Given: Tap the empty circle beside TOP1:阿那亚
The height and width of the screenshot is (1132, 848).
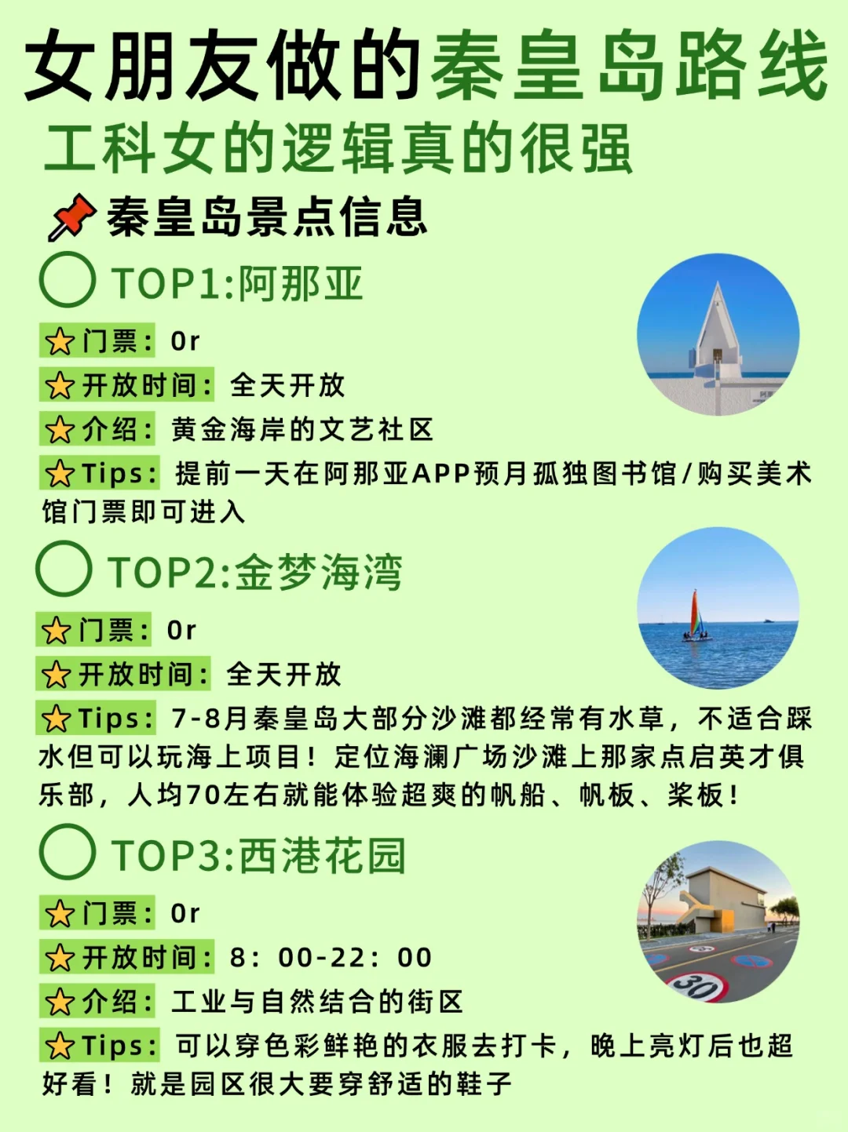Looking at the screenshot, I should pos(68,280).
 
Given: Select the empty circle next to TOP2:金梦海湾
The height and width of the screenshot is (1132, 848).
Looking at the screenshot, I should pos(64,569).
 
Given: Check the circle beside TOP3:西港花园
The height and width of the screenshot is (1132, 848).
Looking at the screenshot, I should pos(68,852).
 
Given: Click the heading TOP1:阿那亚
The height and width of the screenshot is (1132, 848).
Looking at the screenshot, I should pos(237,283).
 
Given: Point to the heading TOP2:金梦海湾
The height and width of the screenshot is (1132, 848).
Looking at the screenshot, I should pos(255,572).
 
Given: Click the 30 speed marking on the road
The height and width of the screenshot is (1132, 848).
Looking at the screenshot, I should pos(696,985).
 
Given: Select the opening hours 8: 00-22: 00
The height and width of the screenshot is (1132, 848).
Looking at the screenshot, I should pos(331,958).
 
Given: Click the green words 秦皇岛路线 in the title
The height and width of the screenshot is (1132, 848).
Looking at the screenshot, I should pos(629,67).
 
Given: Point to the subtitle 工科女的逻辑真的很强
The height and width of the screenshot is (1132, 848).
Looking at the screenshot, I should pos(338,149).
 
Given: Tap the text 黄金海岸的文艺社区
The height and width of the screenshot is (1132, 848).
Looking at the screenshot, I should pos(302,430).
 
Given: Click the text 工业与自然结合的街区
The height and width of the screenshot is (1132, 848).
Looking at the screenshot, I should pos(317,1002).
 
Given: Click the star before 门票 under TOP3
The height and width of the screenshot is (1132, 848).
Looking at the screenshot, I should pos(60,914).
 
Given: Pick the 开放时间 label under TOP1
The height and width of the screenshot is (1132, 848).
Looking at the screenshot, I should pos(127,385).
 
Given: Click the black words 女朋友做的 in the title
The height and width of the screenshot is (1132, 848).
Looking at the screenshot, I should pos(224,67).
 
